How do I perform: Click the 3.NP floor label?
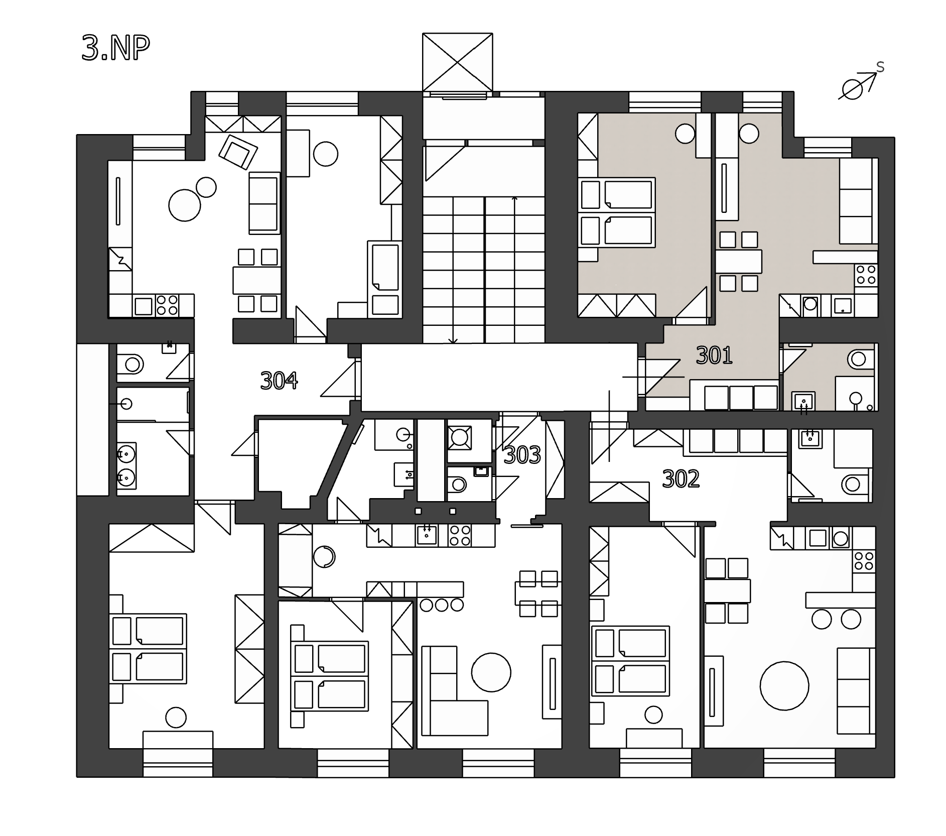point(116,49)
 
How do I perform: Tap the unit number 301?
point(714,355)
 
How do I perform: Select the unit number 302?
point(681,479)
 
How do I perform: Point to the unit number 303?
point(522,455)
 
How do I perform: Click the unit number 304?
point(279,381)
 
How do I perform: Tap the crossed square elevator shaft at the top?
point(457,62)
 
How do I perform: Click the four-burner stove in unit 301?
point(866,275)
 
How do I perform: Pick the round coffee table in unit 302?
point(784,685)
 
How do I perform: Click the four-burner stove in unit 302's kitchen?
point(864,561)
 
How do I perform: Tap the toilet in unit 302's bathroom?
point(855,484)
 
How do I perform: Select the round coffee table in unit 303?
point(491,672)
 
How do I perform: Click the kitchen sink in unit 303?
point(427,535)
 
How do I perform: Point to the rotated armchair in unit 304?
point(238,151)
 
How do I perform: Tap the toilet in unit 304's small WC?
point(131,363)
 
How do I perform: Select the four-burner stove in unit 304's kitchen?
point(167,305)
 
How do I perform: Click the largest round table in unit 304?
point(185,205)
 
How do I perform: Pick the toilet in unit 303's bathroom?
point(457,485)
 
